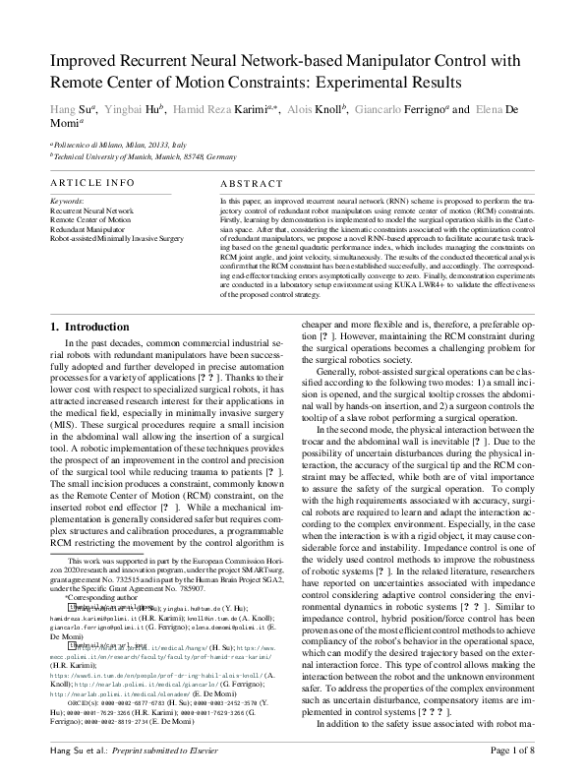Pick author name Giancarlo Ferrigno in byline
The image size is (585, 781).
tap(394, 109)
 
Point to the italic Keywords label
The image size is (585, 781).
tap(66, 201)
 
